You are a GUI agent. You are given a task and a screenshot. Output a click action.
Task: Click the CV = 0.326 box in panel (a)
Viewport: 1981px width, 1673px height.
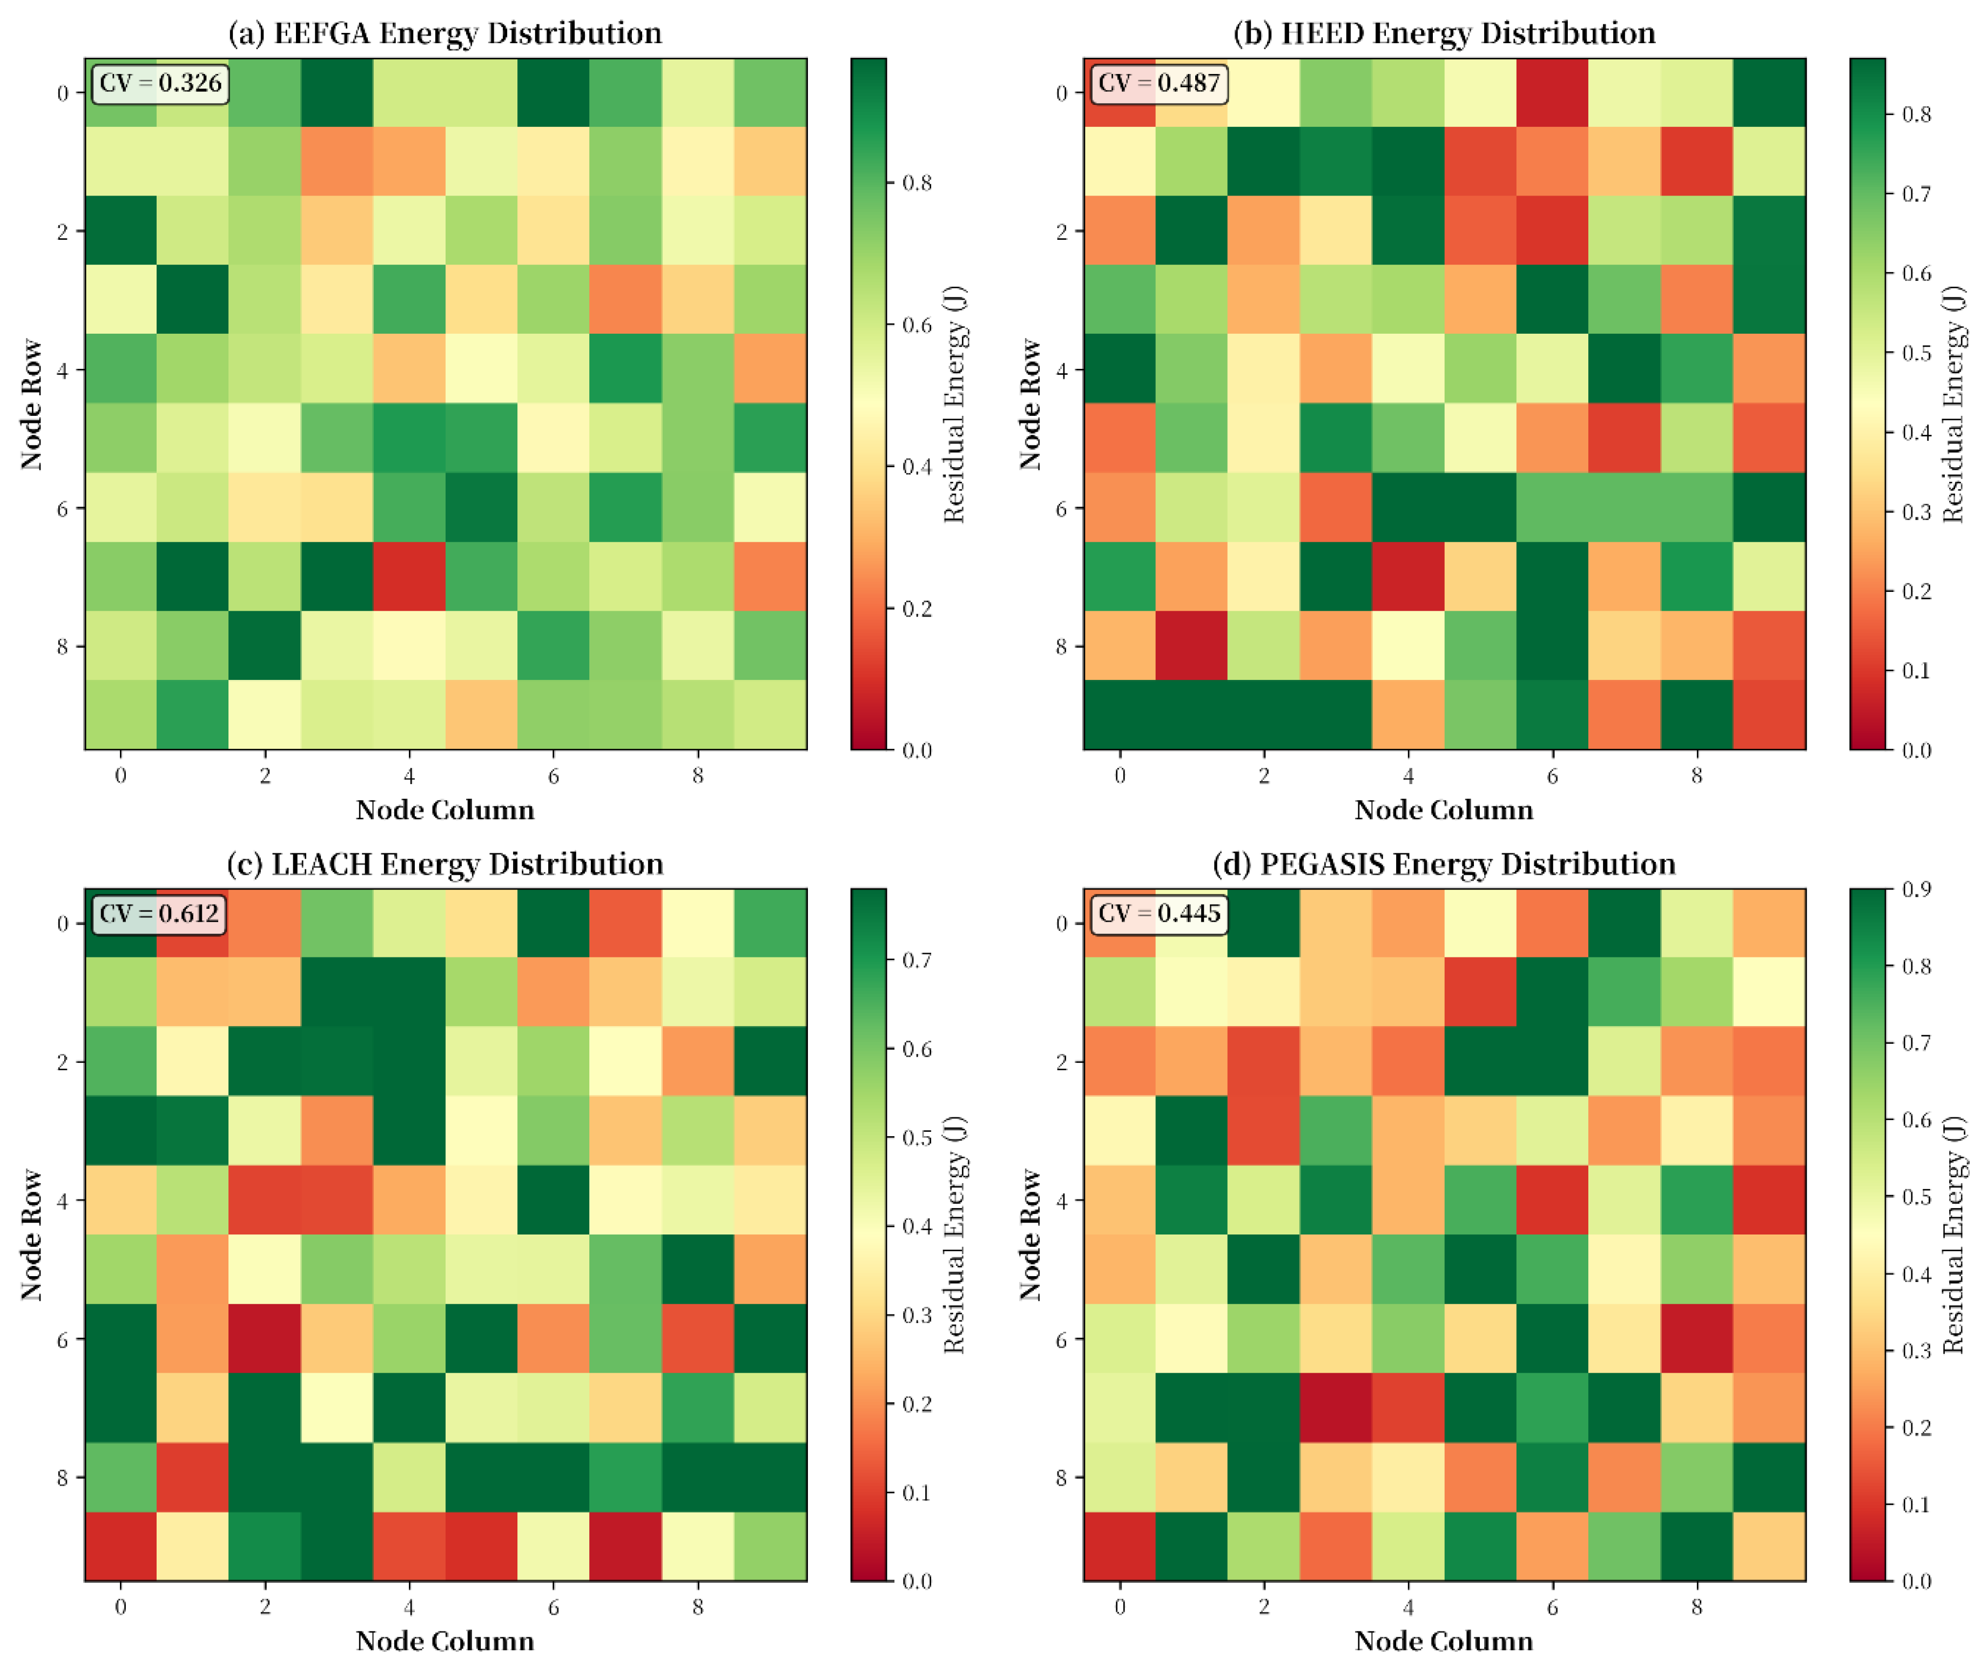[159, 84]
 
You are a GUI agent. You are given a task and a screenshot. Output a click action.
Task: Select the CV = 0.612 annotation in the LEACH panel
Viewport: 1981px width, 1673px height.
[159, 913]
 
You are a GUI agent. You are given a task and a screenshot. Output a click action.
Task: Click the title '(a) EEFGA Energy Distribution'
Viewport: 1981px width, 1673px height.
[445, 33]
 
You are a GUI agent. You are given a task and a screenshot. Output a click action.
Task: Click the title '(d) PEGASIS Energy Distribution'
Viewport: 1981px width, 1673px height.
[1443, 864]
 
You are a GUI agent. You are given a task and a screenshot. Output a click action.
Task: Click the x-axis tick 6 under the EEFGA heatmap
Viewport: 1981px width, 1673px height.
[554, 776]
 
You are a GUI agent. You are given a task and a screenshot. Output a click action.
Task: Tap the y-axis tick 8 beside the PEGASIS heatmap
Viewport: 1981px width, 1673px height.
[1061, 1476]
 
